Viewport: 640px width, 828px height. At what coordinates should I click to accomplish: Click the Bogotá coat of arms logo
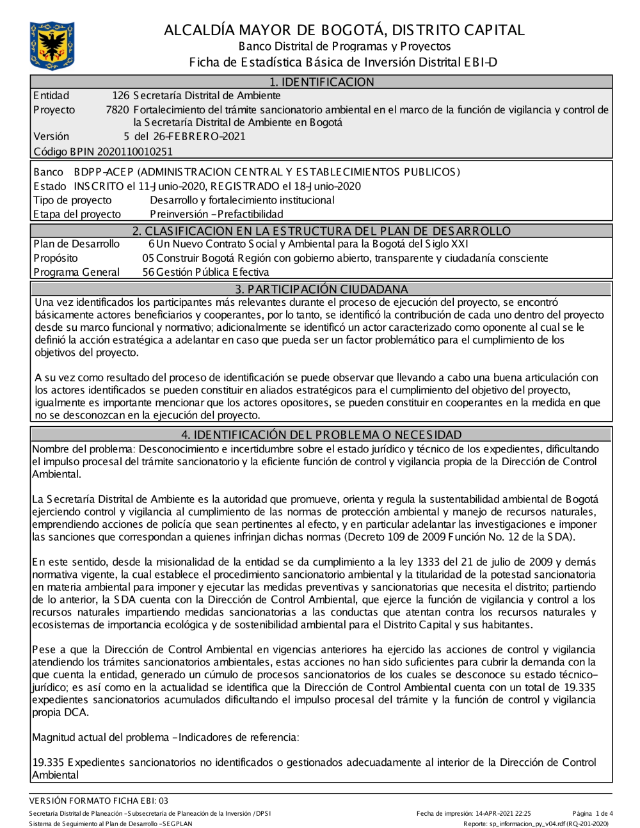pos(52,45)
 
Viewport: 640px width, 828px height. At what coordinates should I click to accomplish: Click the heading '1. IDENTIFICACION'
pos(321,82)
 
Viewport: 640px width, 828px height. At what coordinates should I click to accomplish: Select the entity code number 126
pos(120,96)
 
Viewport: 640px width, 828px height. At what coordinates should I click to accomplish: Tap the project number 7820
pos(117,110)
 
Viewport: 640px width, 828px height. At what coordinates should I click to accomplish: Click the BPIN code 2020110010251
pos(134,152)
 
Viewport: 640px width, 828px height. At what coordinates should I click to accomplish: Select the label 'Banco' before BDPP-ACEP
pos(48,172)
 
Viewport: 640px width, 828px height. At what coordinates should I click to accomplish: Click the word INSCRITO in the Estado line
pos(99,186)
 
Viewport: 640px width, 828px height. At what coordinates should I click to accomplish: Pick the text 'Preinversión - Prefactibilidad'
pos(216,214)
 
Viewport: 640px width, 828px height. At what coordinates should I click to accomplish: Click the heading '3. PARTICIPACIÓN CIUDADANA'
pos(321,289)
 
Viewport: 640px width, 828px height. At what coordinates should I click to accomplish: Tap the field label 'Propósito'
pos(56,259)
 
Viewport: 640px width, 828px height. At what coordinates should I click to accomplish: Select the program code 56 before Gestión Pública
pos(148,273)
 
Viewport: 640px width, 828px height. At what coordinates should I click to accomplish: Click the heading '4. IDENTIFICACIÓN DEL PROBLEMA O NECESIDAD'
pos(321,435)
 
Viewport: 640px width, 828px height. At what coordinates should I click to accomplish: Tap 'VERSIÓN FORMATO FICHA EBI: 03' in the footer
pos(99,800)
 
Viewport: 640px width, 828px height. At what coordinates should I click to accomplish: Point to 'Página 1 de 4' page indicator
pos(593,814)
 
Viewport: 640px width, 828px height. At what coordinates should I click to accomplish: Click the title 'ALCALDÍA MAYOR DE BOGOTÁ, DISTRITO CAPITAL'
pos(344,30)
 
